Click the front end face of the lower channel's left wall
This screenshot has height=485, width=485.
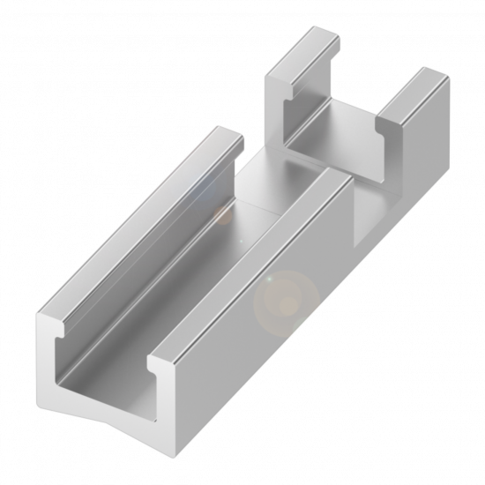click(48, 362)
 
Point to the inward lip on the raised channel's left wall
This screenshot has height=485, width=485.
click(291, 92)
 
